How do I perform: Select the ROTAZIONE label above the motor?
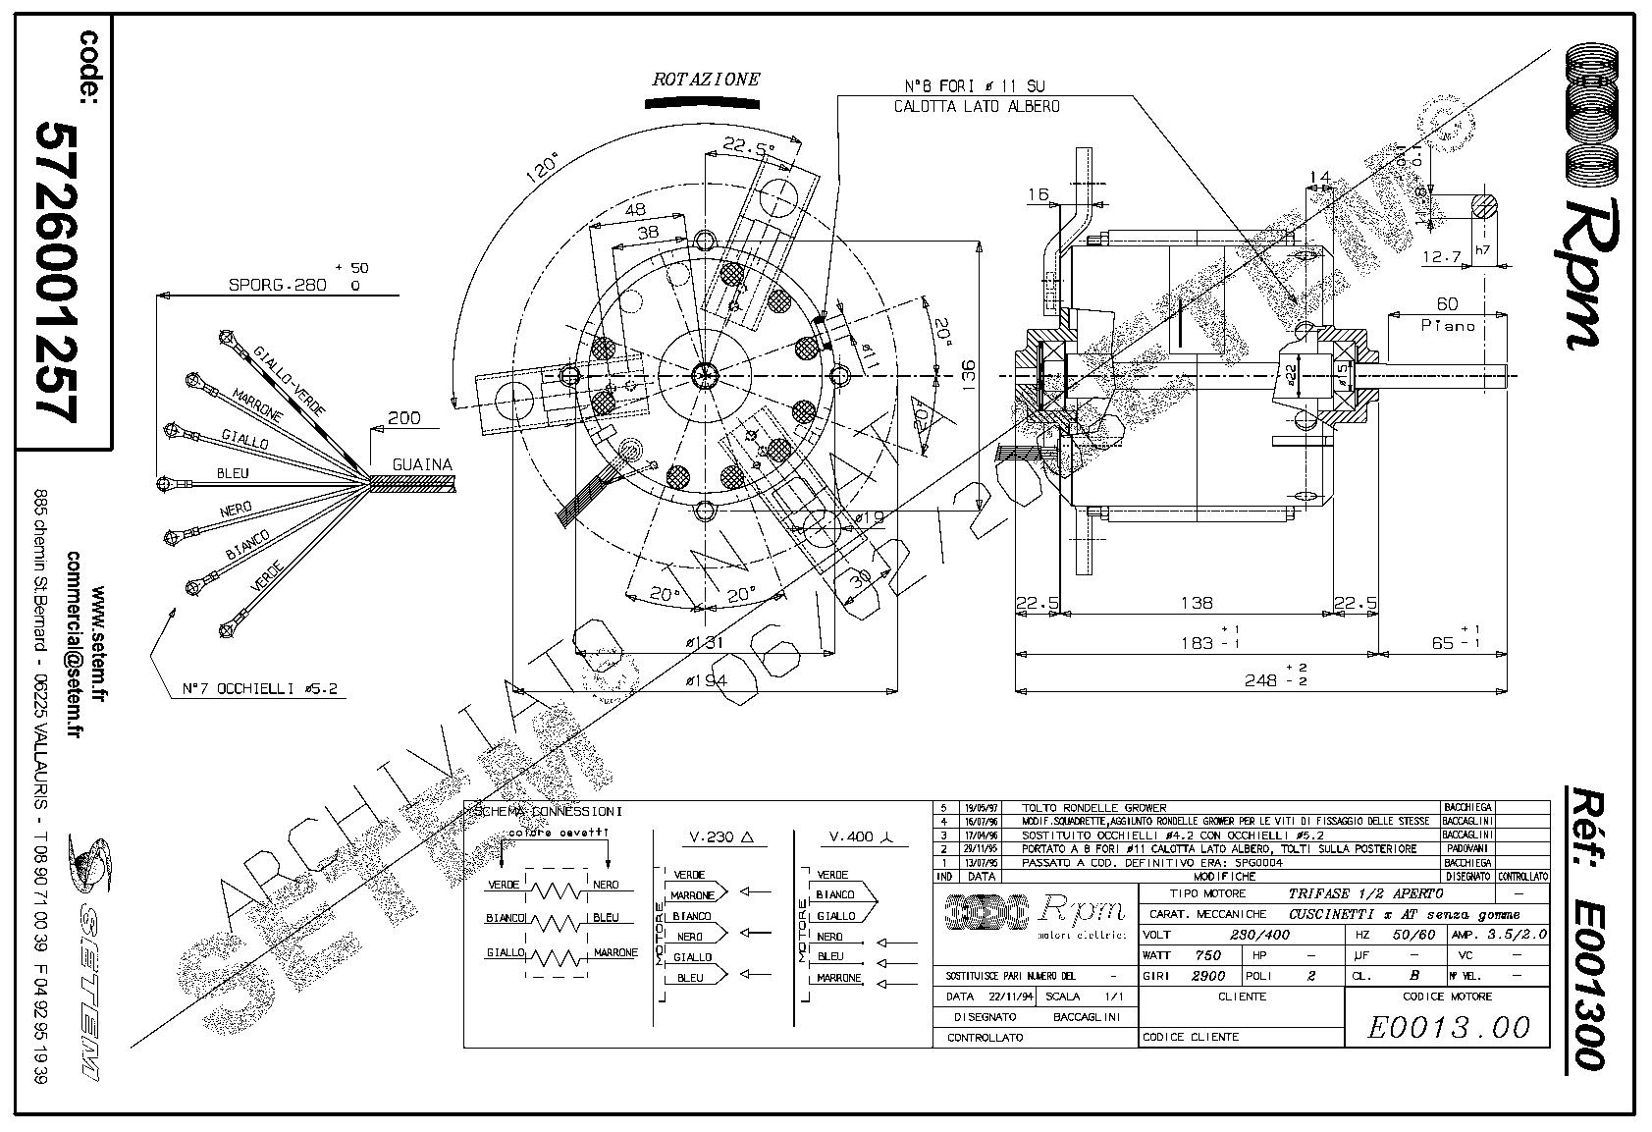(x=706, y=81)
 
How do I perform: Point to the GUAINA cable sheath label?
(x=422, y=464)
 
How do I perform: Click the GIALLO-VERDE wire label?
(x=289, y=379)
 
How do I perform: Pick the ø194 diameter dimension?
(x=706, y=680)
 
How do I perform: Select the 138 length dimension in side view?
(x=1197, y=603)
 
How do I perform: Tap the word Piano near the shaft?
(x=1448, y=325)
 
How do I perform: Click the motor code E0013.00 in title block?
(x=1448, y=1027)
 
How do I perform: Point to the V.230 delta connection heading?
(x=719, y=837)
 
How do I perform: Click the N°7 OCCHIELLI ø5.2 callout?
(x=260, y=689)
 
